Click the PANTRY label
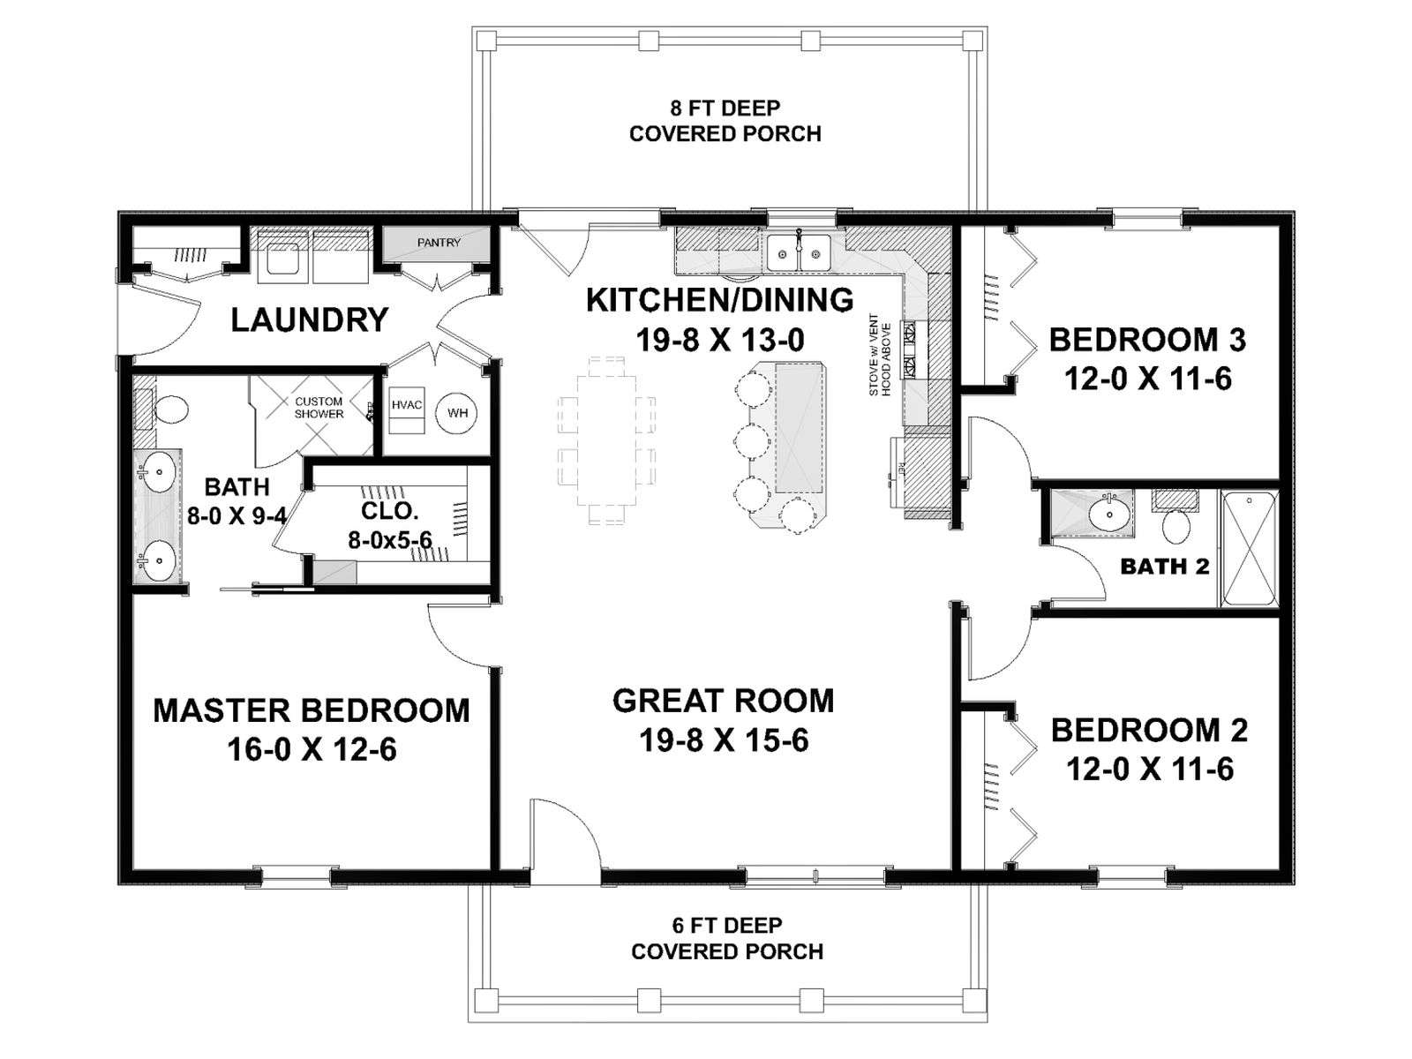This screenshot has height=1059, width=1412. [439, 243]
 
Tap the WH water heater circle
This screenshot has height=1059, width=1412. [457, 412]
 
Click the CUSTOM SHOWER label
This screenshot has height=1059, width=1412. [319, 408]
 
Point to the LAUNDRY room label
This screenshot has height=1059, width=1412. [310, 320]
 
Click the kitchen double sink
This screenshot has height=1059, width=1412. [798, 252]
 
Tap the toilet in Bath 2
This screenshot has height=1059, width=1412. [1175, 519]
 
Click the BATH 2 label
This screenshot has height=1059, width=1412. [1164, 567]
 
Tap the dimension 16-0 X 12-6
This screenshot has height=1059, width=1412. [312, 750]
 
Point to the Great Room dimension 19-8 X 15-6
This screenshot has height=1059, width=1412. [724, 740]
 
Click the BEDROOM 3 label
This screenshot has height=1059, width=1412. [1147, 340]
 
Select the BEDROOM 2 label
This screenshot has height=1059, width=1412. [1150, 730]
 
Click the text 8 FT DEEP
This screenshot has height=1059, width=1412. [725, 108]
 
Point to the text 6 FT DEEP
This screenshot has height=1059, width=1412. [727, 925]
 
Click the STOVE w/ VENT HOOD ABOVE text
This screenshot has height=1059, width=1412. [879, 354]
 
